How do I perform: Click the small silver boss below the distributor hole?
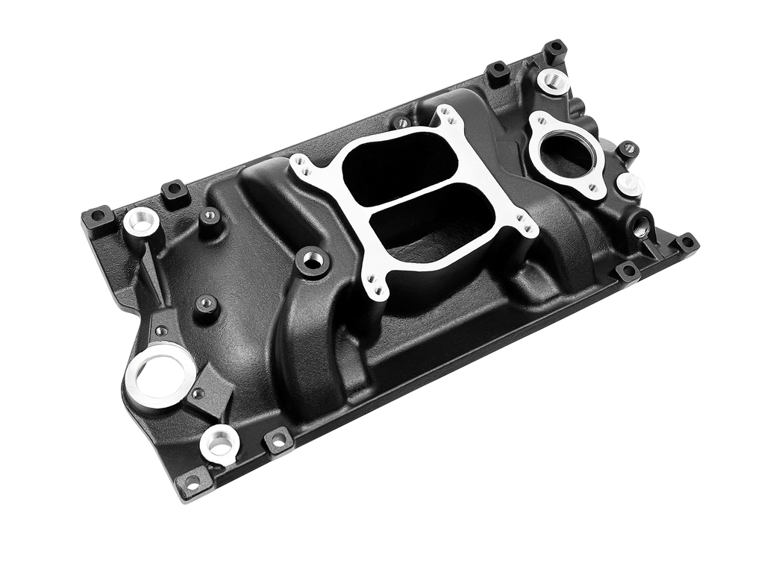tap(219, 444)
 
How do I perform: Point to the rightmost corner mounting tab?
tap(686, 242)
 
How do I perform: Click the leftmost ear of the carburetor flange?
tap(299, 163)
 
